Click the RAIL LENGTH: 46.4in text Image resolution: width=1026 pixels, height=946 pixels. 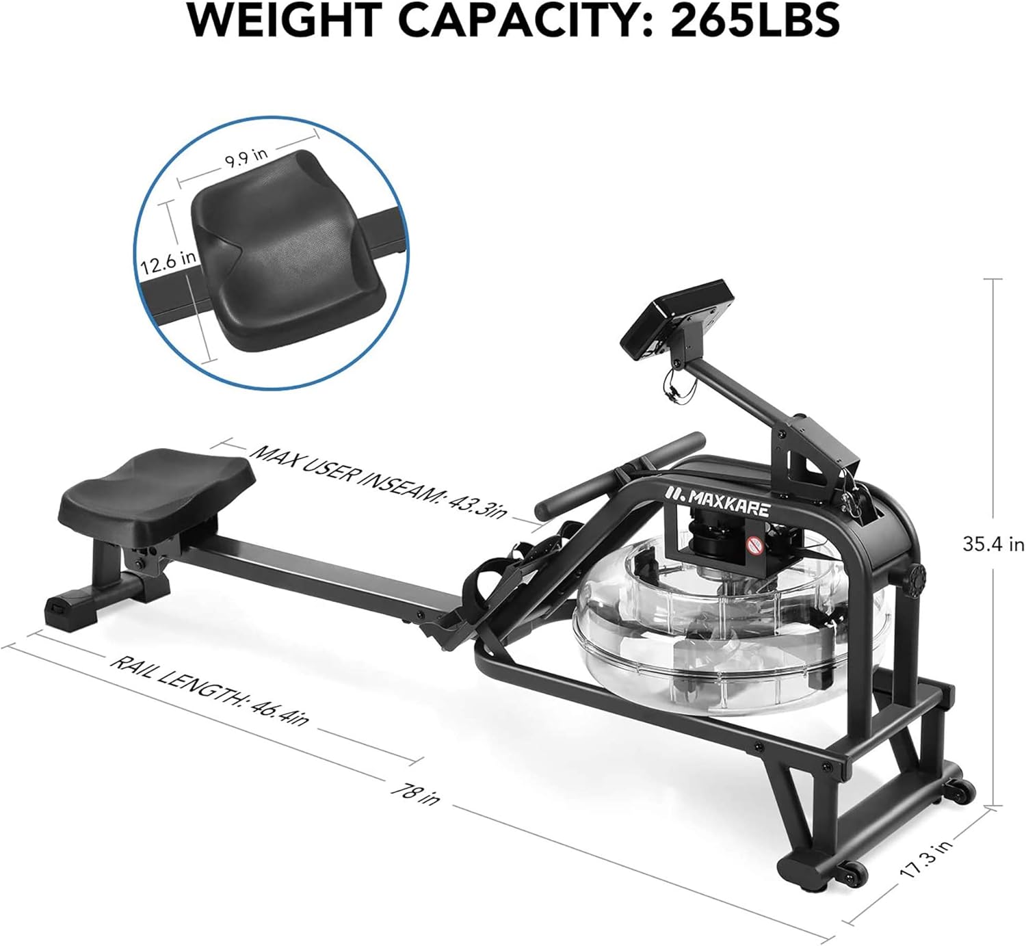point(209,691)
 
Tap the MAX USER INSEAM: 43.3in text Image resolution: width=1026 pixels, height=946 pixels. point(380,482)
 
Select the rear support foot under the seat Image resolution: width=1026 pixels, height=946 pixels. point(96,595)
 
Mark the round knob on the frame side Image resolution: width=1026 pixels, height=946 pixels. point(915,573)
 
